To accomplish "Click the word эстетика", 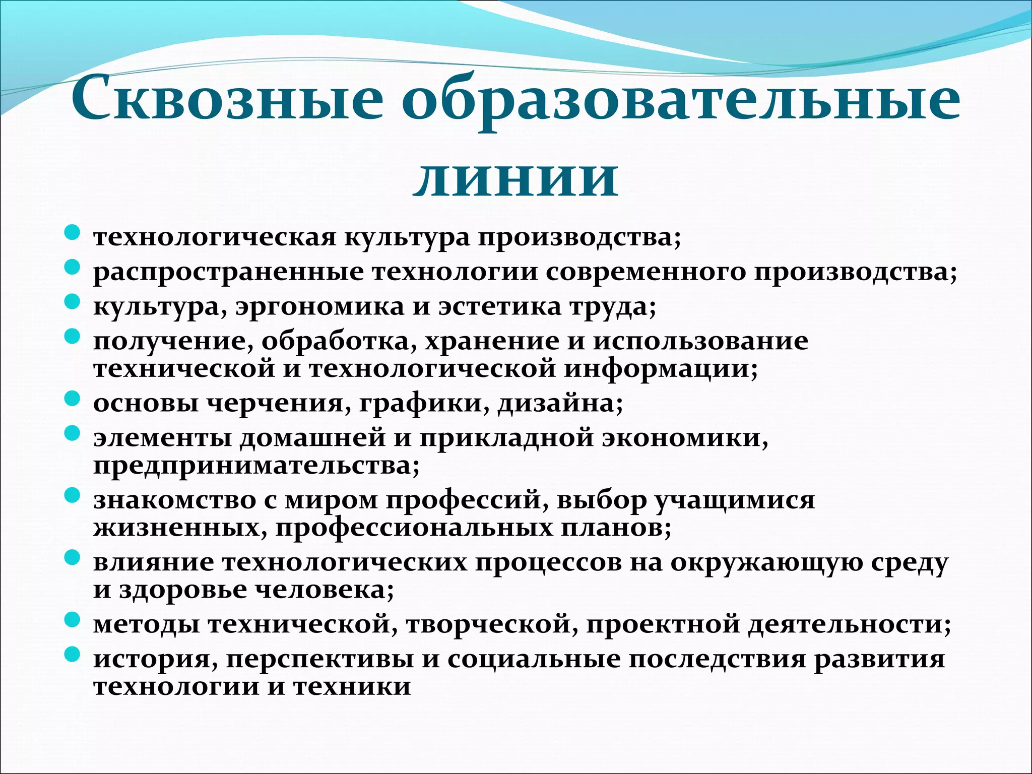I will coord(499,307).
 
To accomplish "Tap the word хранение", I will coord(492,342).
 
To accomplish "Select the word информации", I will coord(660,369).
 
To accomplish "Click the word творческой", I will coord(491,625).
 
